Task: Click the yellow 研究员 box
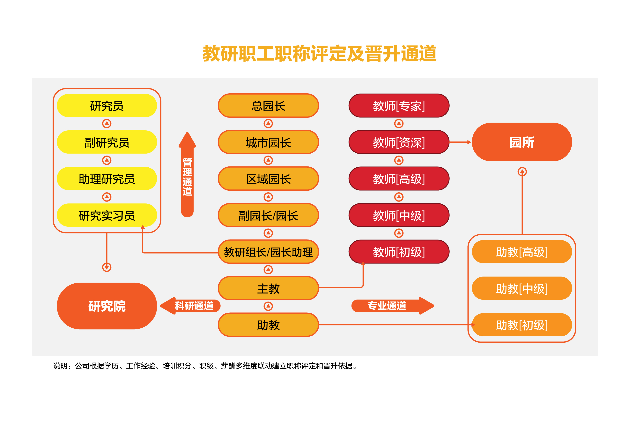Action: coord(107,106)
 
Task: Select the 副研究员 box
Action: coord(107,142)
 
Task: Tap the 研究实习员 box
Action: coord(107,215)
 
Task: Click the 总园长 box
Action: coord(268,106)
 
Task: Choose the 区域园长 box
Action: coord(268,179)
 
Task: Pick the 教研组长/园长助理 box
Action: coord(268,252)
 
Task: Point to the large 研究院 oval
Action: coord(107,306)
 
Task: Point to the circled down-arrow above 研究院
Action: coord(107,267)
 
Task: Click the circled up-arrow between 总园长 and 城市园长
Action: coord(268,124)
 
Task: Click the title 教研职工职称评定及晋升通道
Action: coord(319,53)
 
